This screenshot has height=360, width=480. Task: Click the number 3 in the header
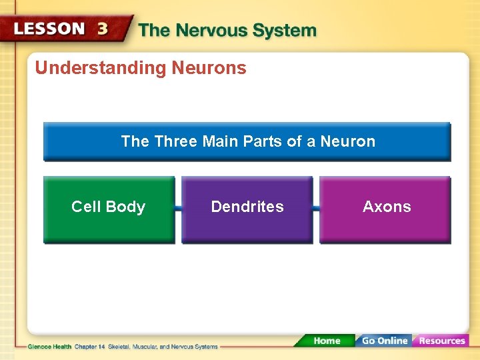[x=103, y=29]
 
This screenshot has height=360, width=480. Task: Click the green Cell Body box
[x=109, y=209]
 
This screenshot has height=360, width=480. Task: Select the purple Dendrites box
[x=247, y=209]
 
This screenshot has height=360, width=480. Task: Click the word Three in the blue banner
[x=174, y=141]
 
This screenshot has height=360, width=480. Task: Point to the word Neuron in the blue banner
[x=348, y=141]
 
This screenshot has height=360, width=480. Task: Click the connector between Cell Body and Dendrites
[x=178, y=209]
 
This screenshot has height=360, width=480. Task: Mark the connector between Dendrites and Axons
[x=316, y=209]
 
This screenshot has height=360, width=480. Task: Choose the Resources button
[x=441, y=341]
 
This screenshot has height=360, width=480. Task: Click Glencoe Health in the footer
[x=49, y=347]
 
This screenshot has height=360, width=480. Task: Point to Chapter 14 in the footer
[x=90, y=347]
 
